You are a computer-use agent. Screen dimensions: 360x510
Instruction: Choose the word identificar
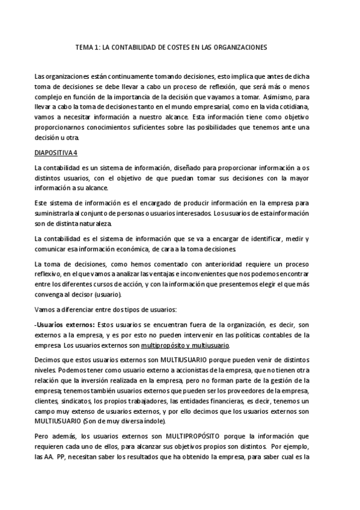coord(268,239)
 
